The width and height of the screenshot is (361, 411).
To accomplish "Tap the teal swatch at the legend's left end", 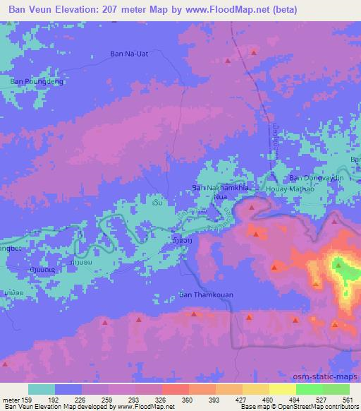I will pyautogui.click(x=42, y=389).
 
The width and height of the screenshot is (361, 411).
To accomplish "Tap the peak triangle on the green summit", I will pyautogui.click(x=339, y=266).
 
